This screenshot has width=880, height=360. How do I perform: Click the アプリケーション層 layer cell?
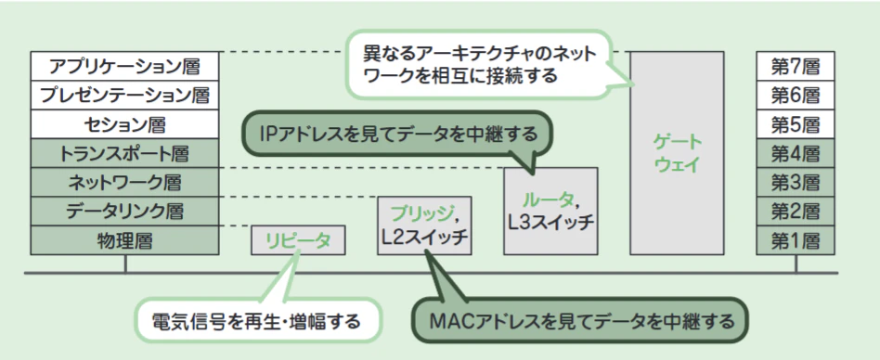[x=124, y=66]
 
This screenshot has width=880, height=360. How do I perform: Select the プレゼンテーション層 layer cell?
[x=124, y=96]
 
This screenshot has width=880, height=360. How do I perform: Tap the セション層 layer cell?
[x=124, y=124]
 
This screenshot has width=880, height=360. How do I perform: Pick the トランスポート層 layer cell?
[x=124, y=153]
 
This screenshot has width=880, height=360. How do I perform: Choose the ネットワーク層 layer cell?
[x=124, y=182]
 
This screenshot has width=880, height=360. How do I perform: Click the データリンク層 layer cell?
[x=124, y=212]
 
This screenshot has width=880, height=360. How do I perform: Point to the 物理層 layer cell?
[x=124, y=240]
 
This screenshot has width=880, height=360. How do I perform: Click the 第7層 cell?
[x=796, y=66]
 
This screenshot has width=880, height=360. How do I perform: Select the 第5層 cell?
[x=796, y=124]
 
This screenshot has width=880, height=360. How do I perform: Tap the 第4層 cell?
[x=796, y=153]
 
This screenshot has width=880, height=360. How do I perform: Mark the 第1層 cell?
[x=796, y=240]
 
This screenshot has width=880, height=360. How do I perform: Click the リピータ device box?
[x=298, y=240]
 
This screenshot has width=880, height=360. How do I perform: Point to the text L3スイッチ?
[x=550, y=223]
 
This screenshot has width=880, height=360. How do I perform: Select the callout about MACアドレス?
[x=581, y=321]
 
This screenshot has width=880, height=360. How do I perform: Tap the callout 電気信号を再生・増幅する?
[x=256, y=321]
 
